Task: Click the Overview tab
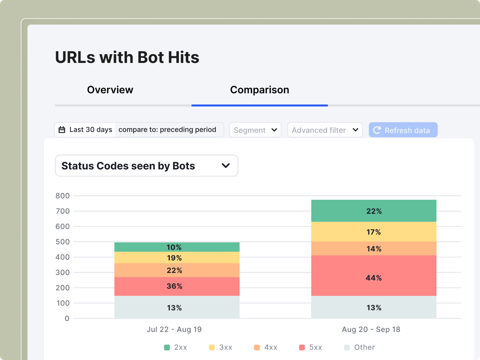110,90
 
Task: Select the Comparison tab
259,90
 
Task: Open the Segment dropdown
255,130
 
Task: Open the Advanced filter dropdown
325,130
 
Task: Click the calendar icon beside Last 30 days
62,130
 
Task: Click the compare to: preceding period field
168,130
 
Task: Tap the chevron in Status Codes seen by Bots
226,166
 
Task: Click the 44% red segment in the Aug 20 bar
374,278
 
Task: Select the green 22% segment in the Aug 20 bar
374,211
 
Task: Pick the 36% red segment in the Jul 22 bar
174,286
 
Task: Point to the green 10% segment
174,247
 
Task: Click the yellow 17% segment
374,232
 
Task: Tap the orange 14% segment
374,249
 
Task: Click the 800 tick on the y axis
63,196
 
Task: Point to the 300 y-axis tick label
63,273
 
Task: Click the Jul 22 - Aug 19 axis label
174,329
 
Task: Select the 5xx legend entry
311,347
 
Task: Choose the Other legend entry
360,347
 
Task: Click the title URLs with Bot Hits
127,57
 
